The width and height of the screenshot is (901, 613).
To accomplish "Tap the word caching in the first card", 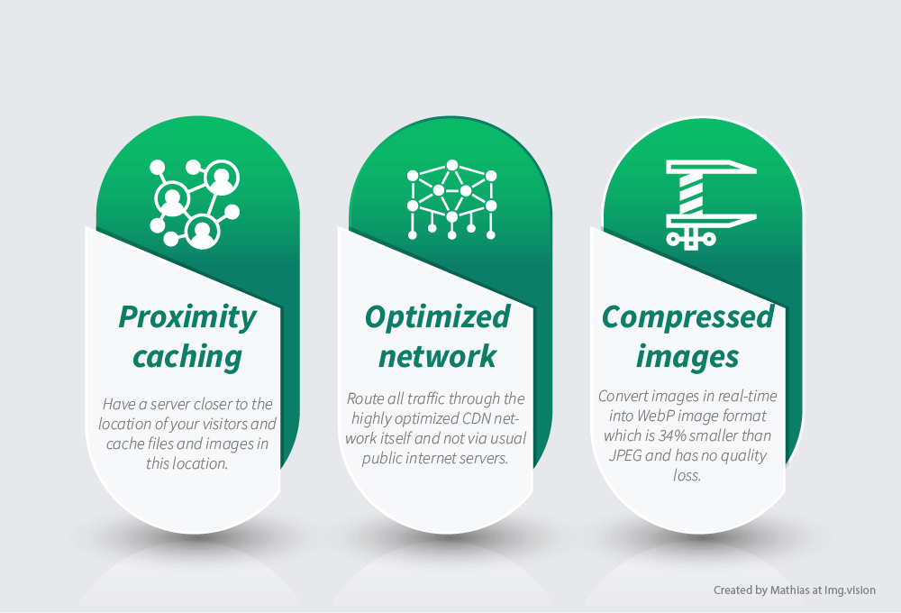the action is click(x=187, y=356).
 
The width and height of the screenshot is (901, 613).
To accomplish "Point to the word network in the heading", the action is click(x=437, y=356).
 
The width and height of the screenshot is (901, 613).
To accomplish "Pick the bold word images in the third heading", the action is click(x=687, y=357).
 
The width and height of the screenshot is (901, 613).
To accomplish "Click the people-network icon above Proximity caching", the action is click(x=195, y=204).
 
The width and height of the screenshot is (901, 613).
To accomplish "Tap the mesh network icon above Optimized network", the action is click(x=451, y=199).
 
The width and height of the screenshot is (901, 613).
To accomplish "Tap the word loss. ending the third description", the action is click(x=687, y=476).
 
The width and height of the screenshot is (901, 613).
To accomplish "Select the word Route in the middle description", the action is click(x=365, y=398).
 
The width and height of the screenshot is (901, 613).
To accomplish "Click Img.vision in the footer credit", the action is click(x=850, y=590).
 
